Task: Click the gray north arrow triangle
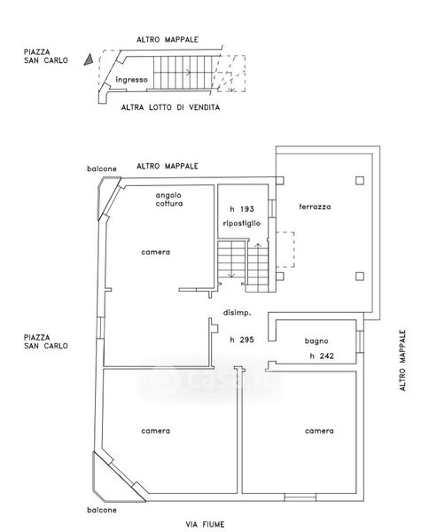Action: tap(89, 59)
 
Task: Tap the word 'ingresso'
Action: tap(132, 80)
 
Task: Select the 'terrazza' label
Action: tap(315, 207)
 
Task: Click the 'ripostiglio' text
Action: tap(242, 223)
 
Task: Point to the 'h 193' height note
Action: tap(242, 209)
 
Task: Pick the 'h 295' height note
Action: tap(242, 340)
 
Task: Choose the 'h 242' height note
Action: tap(322, 356)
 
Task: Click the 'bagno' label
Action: tap(316, 341)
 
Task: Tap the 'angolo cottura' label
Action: tap(169, 199)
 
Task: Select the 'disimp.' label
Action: tap(238, 313)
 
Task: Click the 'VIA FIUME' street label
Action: tap(205, 525)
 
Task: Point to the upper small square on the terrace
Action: tap(360, 180)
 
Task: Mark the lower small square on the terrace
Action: tap(360, 277)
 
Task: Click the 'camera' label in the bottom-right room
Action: tap(319, 431)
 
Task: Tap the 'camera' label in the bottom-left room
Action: tap(155, 431)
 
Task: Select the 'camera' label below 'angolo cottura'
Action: tap(155, 252)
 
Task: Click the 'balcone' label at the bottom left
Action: tap(101, 510)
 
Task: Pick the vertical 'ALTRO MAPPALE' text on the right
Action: tap(402, 360)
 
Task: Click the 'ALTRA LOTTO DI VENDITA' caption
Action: tap(170, 107)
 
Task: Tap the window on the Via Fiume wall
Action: tap(300, 497)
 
